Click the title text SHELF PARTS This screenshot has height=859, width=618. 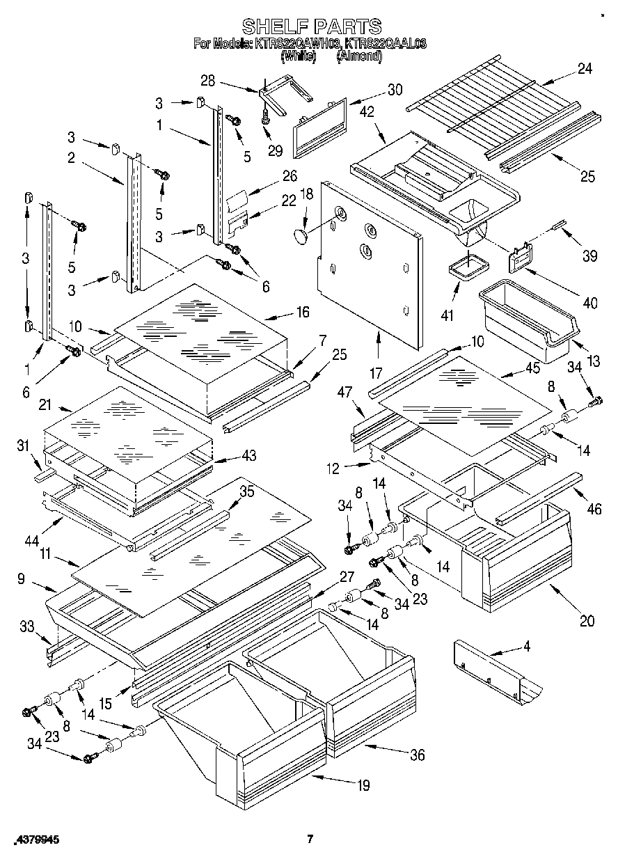tap(311, 26)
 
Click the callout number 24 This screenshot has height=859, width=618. tap(585, 68)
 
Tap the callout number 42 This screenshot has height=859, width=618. tap(367, 111)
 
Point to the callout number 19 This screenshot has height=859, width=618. tap(363, 787)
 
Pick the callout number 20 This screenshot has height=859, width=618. tap(587, 622)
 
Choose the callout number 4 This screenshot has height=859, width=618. tap(528, 645)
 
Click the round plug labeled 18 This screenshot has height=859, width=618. tap(301, 235)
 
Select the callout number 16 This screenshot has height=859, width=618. tap(302, 312)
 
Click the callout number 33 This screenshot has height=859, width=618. tap(26, 626)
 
